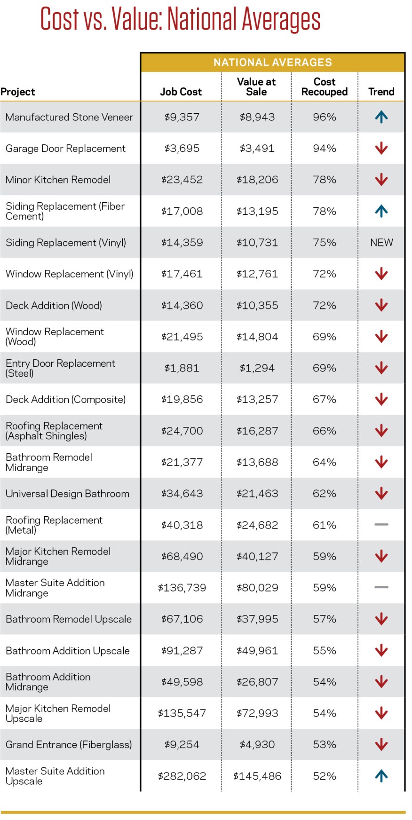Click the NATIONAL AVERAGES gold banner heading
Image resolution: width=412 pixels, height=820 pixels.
273,63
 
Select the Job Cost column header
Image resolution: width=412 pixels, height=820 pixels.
181,92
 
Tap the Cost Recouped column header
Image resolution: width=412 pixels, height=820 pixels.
325,87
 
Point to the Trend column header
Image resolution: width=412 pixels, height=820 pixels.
381,92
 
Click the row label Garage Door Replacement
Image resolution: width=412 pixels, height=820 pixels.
65,149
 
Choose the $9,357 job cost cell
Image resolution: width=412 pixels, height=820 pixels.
182,117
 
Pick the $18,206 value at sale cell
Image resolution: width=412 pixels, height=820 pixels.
257,180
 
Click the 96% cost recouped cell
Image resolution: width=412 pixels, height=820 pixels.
325,117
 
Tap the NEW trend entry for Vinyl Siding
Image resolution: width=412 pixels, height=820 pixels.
381,243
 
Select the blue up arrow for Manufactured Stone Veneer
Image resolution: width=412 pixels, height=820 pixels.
381,117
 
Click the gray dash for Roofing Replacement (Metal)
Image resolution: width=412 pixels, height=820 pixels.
381,524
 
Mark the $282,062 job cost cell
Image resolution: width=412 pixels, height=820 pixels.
182,776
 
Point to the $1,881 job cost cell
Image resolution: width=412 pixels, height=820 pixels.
182,368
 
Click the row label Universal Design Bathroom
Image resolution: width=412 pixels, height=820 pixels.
67,494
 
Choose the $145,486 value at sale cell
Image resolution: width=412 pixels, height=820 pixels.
257,776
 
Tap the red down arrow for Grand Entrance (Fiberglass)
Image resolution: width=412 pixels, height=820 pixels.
381,744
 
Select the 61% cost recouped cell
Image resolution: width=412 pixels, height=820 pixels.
325,525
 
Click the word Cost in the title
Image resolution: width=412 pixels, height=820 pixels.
59,19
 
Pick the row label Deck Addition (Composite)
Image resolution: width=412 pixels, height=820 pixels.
66,400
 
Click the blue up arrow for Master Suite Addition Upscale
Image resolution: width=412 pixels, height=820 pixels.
381,776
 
